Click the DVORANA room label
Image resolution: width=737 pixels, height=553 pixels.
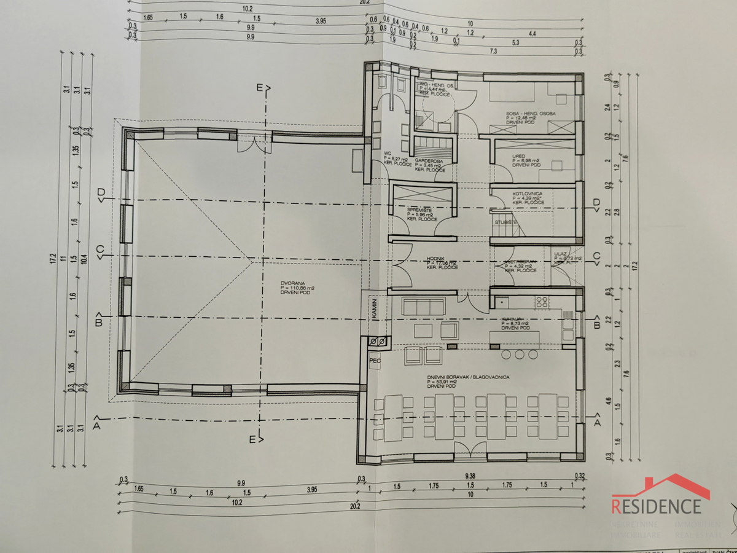click(290, 282)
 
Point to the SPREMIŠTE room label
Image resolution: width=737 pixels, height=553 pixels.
click(421, 210)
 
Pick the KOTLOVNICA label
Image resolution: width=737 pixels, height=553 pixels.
click(526, 194)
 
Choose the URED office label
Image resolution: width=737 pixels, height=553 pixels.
click(519, 156)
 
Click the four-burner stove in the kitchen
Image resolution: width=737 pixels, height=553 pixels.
click(542, 302)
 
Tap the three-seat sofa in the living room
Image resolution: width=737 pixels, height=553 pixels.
click(422, 305)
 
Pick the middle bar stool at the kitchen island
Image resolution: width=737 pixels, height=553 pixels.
click(520, 355)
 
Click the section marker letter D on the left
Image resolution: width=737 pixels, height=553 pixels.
click(101, 193)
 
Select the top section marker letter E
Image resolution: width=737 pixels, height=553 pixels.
click(260, 88)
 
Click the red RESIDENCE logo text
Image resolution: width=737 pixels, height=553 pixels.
click(657, 506)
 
